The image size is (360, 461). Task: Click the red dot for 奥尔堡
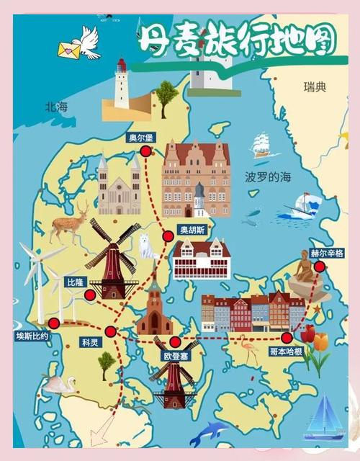click(146, 151)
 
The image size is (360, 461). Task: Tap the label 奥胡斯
click(192, 230)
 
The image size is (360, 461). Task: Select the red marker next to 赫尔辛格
click(319, 267)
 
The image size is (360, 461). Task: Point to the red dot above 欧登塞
click(174, 341)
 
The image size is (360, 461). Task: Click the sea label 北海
click(55, 107)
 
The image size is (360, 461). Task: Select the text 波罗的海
click(268, 177)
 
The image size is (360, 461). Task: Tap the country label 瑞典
click(315, 87)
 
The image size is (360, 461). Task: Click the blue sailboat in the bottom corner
click(324, 421)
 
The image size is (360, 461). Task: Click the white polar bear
click(148, 246)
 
